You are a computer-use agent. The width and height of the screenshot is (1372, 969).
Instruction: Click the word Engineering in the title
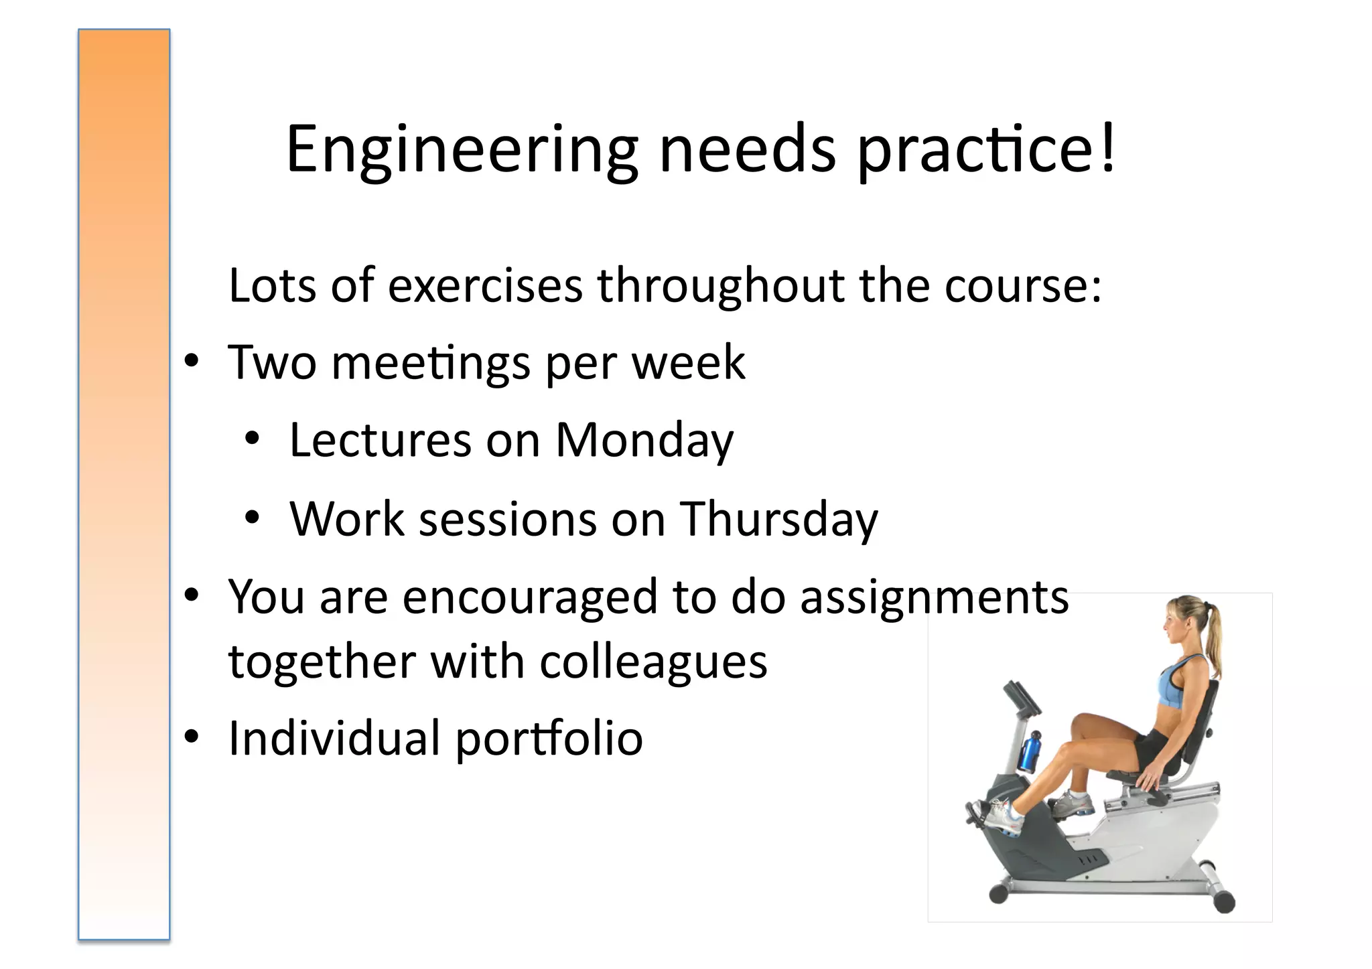pos(462,150)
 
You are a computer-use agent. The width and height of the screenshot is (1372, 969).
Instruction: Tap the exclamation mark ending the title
pos(1108,149)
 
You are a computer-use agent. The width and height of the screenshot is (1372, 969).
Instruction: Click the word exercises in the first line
pos(486,286)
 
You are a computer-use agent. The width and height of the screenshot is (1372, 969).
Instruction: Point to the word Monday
pos(644,441)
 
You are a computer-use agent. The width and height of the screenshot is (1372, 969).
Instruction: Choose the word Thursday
pos(778,520)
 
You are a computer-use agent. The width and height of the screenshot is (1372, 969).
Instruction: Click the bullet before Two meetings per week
pos(192,362)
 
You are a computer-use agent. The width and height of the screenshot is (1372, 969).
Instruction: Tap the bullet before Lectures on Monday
pos(252,439)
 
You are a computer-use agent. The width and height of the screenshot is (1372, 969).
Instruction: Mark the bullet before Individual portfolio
pos(192,737)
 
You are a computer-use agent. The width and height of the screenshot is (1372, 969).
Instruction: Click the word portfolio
pos(549,739)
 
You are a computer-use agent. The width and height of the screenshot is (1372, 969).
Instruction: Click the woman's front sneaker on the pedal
pos(998,816)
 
